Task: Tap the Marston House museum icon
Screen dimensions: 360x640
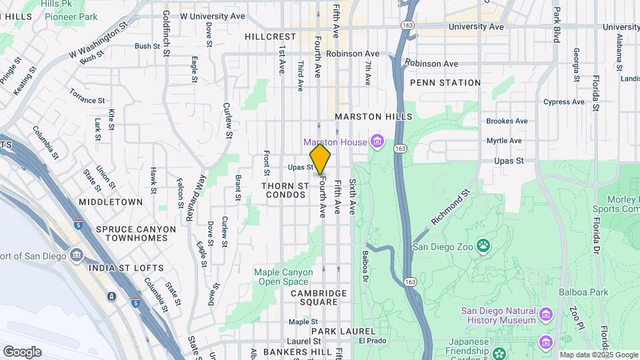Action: pyautogui.click(x=378, y=141)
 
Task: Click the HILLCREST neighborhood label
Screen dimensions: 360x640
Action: pyautogui.click(x=269, y=37)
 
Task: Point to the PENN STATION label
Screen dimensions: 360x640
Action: pyautogui.click(x=445, y=83)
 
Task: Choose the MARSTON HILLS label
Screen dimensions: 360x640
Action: pyautogui.click(x=373, y=116)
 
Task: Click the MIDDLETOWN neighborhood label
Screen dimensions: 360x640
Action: pyautogui.click(x=111, y=201)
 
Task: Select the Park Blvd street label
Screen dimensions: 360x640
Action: pyautogui.click(x=555, y=25)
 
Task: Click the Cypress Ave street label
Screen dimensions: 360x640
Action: pyautogui.click(x=564, y=102)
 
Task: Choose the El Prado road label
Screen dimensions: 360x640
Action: pyautogui.click(x=373, y=341)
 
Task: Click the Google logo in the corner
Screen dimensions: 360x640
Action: pyautogui.click(x=22, y=352)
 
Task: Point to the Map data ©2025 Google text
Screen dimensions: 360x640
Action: pyautogui.click(x=599, y=355)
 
